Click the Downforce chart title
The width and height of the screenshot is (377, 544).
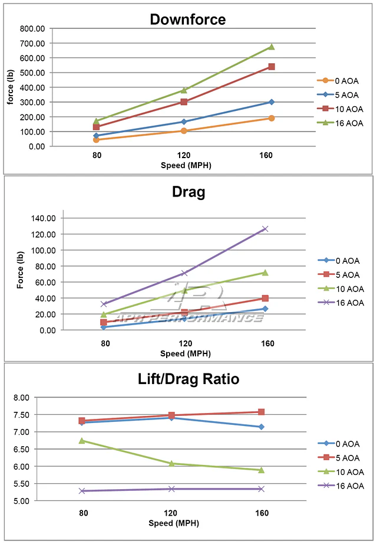187,19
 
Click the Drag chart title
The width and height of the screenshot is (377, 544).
187,192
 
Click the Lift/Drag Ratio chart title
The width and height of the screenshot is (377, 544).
188,379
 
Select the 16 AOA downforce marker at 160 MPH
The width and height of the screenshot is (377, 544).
272,47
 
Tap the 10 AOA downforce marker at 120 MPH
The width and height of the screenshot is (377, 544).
184,90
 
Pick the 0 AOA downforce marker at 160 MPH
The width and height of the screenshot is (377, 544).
272,118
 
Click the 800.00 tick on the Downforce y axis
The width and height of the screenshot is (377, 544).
30,28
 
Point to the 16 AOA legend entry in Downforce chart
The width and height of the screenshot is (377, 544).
341,123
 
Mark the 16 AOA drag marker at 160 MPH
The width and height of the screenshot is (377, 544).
265,229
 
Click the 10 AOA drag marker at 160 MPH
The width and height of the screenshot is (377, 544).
265,273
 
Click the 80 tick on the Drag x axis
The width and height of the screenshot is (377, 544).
104,343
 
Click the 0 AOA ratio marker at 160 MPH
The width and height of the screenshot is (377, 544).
261,427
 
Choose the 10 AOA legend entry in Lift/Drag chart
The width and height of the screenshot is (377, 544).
341,472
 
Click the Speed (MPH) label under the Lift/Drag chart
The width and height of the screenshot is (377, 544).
186,523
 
